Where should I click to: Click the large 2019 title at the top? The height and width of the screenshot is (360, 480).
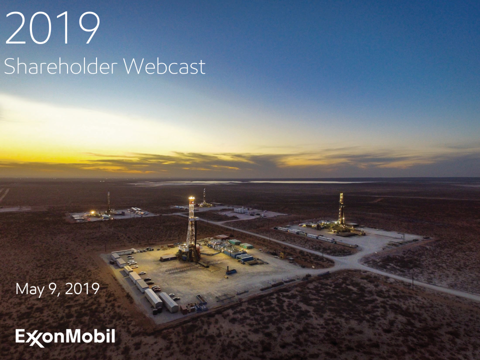point(52,28)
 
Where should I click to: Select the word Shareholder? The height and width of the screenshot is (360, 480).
point(60,66)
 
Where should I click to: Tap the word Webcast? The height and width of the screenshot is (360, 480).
point(164,66)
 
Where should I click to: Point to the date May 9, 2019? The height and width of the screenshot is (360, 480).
point(57,288)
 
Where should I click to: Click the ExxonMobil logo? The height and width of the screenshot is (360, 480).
point(65,337)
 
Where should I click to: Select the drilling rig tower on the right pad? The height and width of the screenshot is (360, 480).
point(341,209)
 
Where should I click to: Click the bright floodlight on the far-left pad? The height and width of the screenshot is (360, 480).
point(92,212)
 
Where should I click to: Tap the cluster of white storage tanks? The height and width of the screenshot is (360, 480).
point(241,210)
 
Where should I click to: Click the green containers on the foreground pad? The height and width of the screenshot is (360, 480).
point(241,243)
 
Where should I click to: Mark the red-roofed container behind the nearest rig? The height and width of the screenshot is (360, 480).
point(221,237)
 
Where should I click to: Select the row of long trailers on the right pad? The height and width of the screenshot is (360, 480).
point(315,236)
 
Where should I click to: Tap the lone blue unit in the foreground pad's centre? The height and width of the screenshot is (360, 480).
point(231,271)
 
